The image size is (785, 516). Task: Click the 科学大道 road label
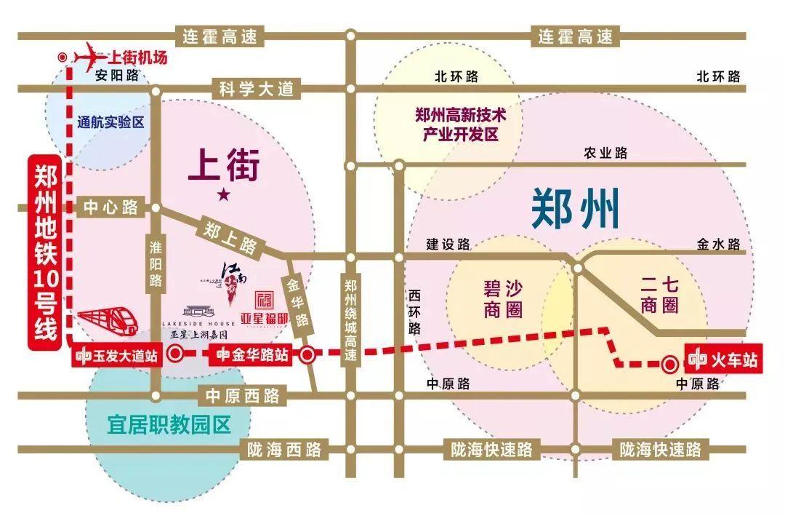pos(257,90)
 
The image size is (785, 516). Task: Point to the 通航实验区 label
pos(110,122)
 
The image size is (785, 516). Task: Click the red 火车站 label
pos(724,360)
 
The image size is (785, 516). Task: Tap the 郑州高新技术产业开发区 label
pos(459,124)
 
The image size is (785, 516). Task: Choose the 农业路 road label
pos(605,153)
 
